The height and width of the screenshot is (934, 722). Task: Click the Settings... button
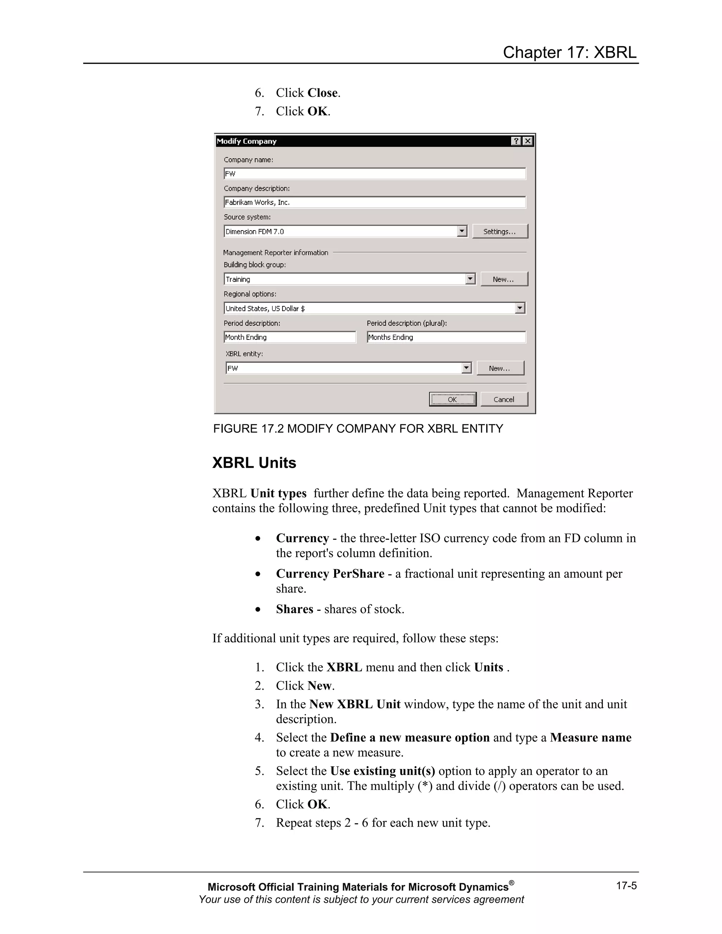click(500, 231)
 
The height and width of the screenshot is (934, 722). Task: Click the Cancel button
click(504, 399)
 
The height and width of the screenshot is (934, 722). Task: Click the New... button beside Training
click(504, 279)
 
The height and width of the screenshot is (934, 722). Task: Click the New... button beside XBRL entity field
click(500, 368)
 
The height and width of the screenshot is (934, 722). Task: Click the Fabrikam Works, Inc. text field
click(374, 202)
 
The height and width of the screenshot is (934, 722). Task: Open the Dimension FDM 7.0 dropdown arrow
click(461, 231)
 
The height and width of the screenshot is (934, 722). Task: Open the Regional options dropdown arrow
click(520, 308)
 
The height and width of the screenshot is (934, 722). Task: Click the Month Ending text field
click(289, 337)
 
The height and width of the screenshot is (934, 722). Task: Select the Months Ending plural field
click(446, 337)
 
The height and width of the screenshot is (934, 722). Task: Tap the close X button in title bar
click(528, 141)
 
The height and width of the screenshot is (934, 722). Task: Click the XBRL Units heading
click(254, 463)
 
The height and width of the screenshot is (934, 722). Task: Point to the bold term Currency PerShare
click(330, 573)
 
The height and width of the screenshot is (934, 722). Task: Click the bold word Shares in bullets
click(294, 609)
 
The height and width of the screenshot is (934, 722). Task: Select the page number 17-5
click(626, 885)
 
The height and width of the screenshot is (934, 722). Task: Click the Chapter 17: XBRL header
click(569, 52)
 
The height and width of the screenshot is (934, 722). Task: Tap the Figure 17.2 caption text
click(358, 429)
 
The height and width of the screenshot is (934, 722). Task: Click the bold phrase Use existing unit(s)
click(383, 770)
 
